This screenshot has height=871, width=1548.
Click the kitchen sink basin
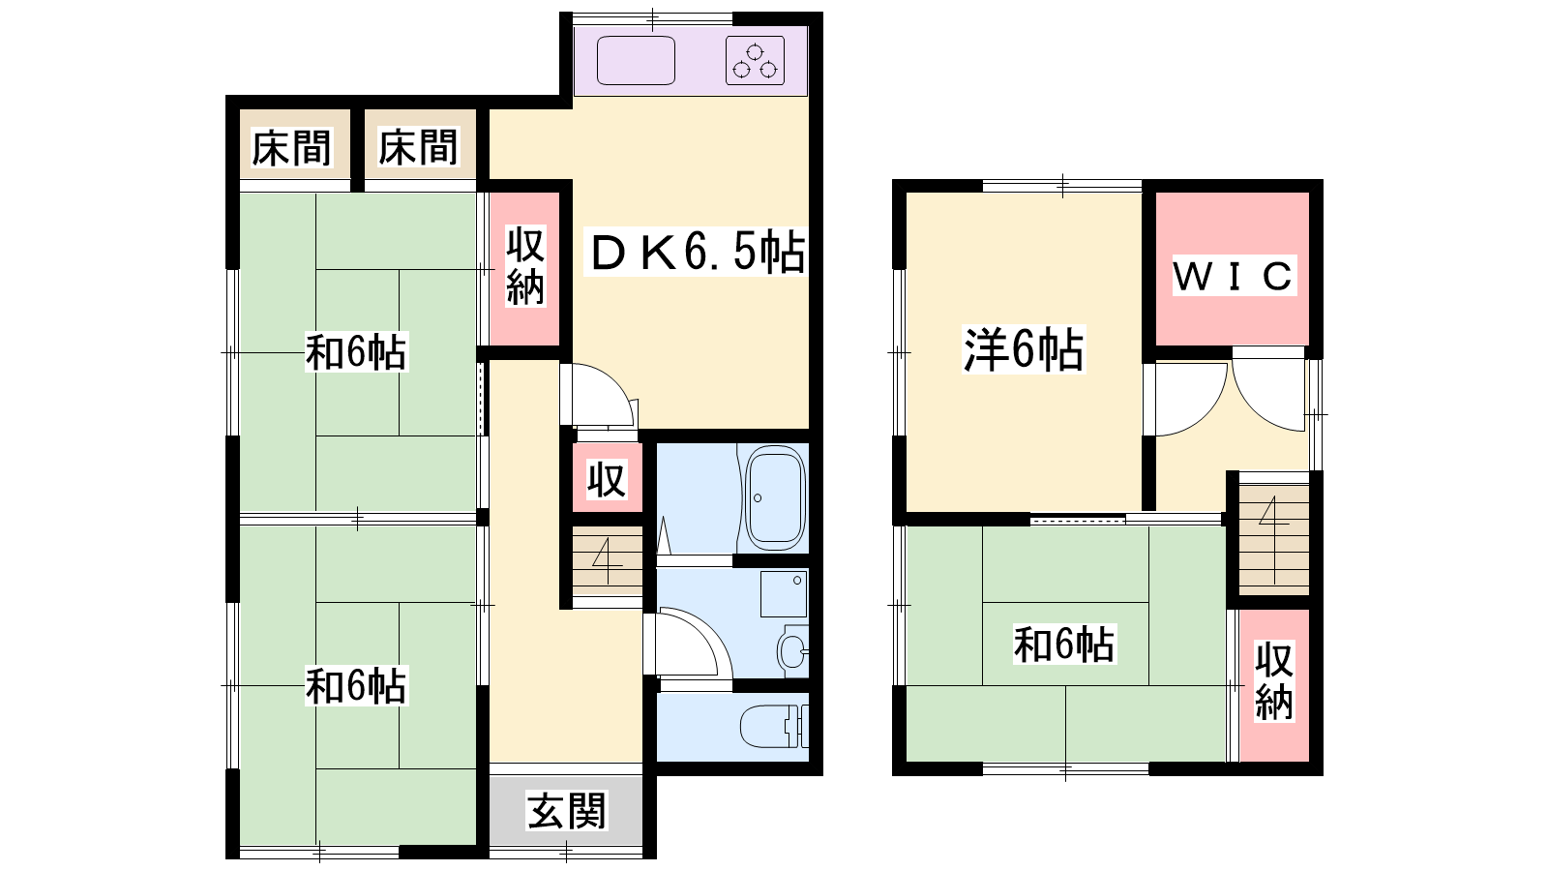(x=636, y=60)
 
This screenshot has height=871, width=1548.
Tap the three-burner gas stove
(x=755, y=60)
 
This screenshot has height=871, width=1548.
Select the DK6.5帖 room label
(x=698, y=253)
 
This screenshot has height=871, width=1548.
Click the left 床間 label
(x=291, y=147)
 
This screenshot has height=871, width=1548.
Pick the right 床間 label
(x=418, y=147)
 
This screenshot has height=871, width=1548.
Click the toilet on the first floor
(x=774, y=726)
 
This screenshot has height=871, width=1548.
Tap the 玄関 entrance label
(x=567, y=811)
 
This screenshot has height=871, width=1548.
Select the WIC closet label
(x=1234, y=275)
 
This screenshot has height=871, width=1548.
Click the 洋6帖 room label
(x=1024, y=349)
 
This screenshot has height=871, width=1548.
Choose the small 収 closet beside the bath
(x=607, y=479)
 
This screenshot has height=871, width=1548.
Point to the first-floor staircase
(x=608, y=561)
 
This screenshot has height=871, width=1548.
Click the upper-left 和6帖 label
(x=357, y=352)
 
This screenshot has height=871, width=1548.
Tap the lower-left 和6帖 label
(x=357, y=686)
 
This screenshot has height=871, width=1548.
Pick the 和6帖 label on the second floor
(x=1064, y=645)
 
